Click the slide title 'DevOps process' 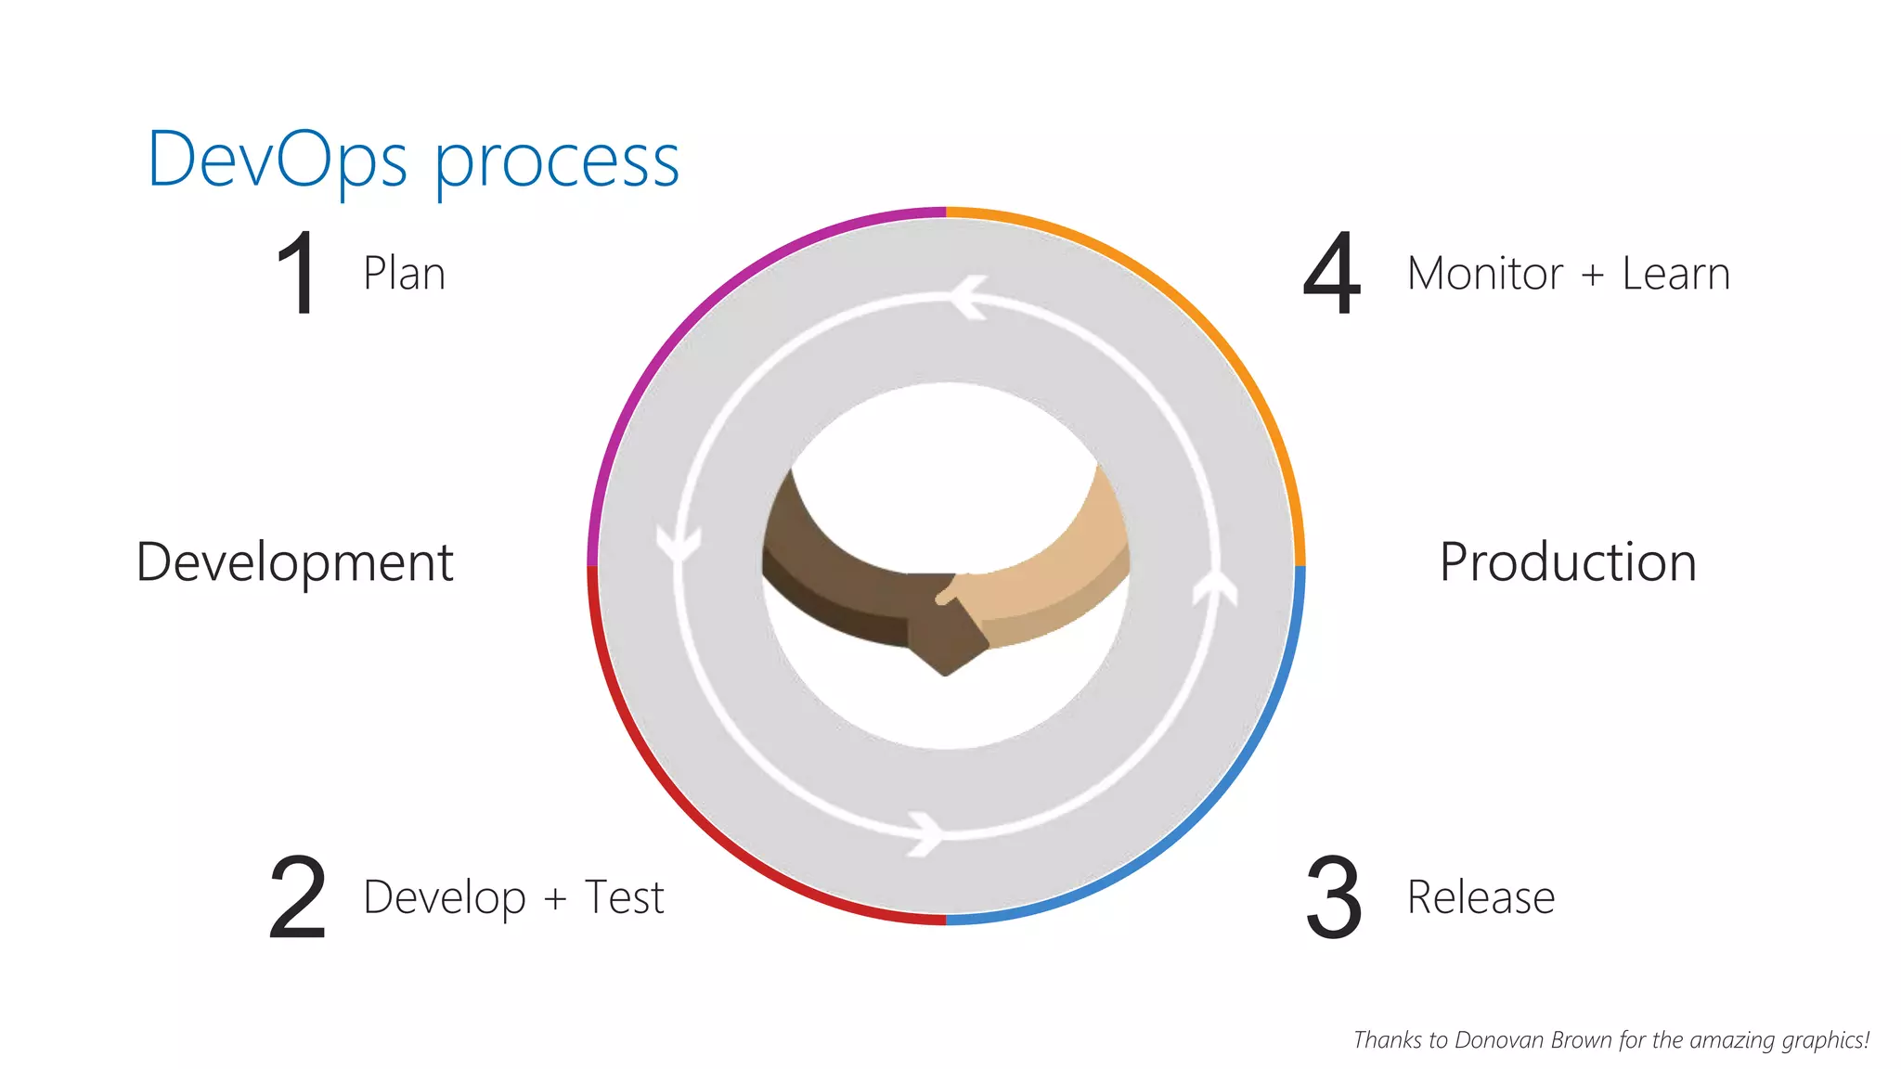pyautogui.click(x=413, y=160)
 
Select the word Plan pyautogui.click(x=404, y=274)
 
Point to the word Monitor pyautogui.click(x=1484, y=274)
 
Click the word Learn pyautogui.click(x=1675, y=274)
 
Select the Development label pyautogui.click(x=294, y=562)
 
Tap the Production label pyautogui.click(x=1568, y=562)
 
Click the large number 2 pyautogui.click(x=298, y=897)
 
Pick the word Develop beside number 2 pyautogui.click(x=445, y=898)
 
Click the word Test pyautogui.click(x=624, y=897)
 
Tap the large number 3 pyautogui.click(x=1334, y=897)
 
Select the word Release pyautogui.click(x=1481, y=897)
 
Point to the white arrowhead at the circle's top pyautogui.click(x=968, y=297)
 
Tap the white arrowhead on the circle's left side pyautogui.click(x=679, y=543)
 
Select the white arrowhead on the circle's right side pyautogui.click(x=1215, y=588)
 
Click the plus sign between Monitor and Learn pyautogui.click(x=1592, y=275)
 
